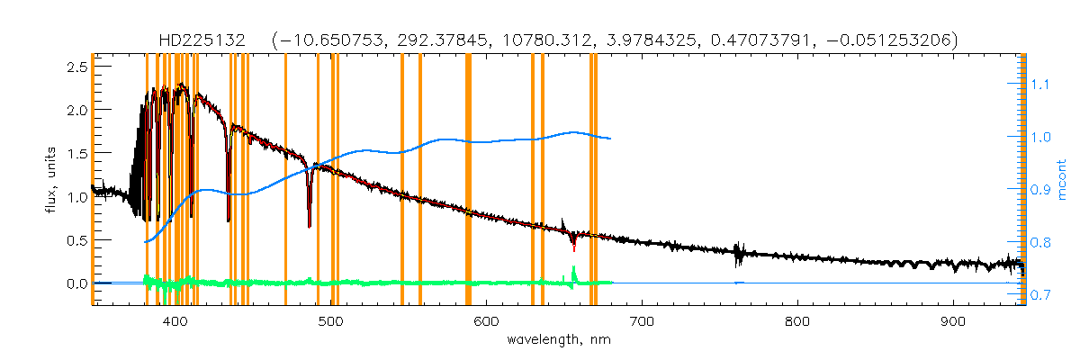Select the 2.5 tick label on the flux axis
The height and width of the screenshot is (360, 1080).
[76, 67]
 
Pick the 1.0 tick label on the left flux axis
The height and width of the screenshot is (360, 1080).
[76, 196]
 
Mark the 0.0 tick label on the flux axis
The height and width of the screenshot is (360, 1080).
[76, 283]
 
